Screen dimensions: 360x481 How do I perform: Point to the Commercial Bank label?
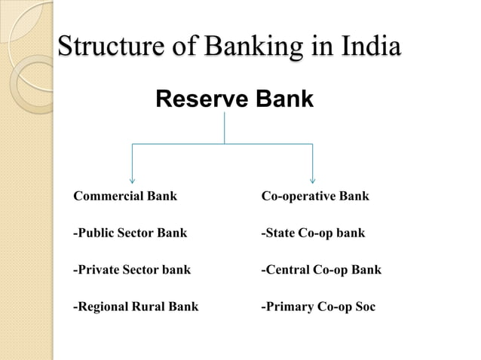[x=124, y=197]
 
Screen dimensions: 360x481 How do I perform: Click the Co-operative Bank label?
[x=314, y=197]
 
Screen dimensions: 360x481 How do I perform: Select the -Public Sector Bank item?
[x=130, y=233]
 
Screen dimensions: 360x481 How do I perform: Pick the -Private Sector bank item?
[x=131, y=269]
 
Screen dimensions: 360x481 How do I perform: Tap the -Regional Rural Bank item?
[x=135, y=307]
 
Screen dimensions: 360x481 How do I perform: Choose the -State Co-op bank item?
[x=312, y=233]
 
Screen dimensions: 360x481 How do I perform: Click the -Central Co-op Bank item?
[x=320, y=269]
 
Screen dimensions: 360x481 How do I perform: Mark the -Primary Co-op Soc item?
[x=317, y=307]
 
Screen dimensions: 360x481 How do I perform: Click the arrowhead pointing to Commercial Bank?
[x=133, y=180]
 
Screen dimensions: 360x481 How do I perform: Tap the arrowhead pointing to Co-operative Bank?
[x=313, y=180]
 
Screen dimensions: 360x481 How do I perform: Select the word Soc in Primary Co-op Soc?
[x=363, y=307]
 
